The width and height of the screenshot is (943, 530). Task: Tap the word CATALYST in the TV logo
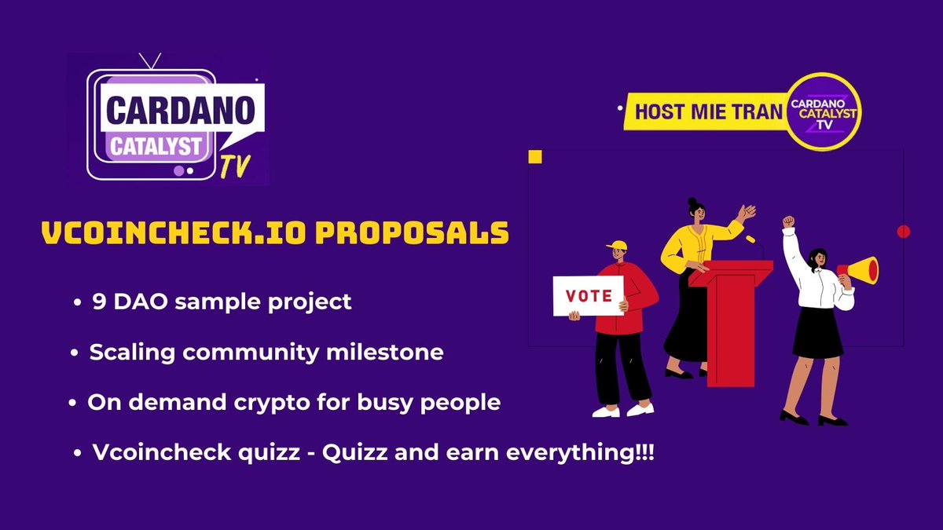160,147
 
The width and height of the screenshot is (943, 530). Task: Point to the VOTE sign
589,296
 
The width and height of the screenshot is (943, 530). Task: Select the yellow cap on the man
618,245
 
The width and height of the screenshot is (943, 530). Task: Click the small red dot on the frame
903,232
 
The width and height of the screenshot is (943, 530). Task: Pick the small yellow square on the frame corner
535,157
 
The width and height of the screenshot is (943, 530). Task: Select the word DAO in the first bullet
141,302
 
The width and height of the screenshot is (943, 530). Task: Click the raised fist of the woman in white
788,222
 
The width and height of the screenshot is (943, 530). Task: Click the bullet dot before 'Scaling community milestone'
74,354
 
